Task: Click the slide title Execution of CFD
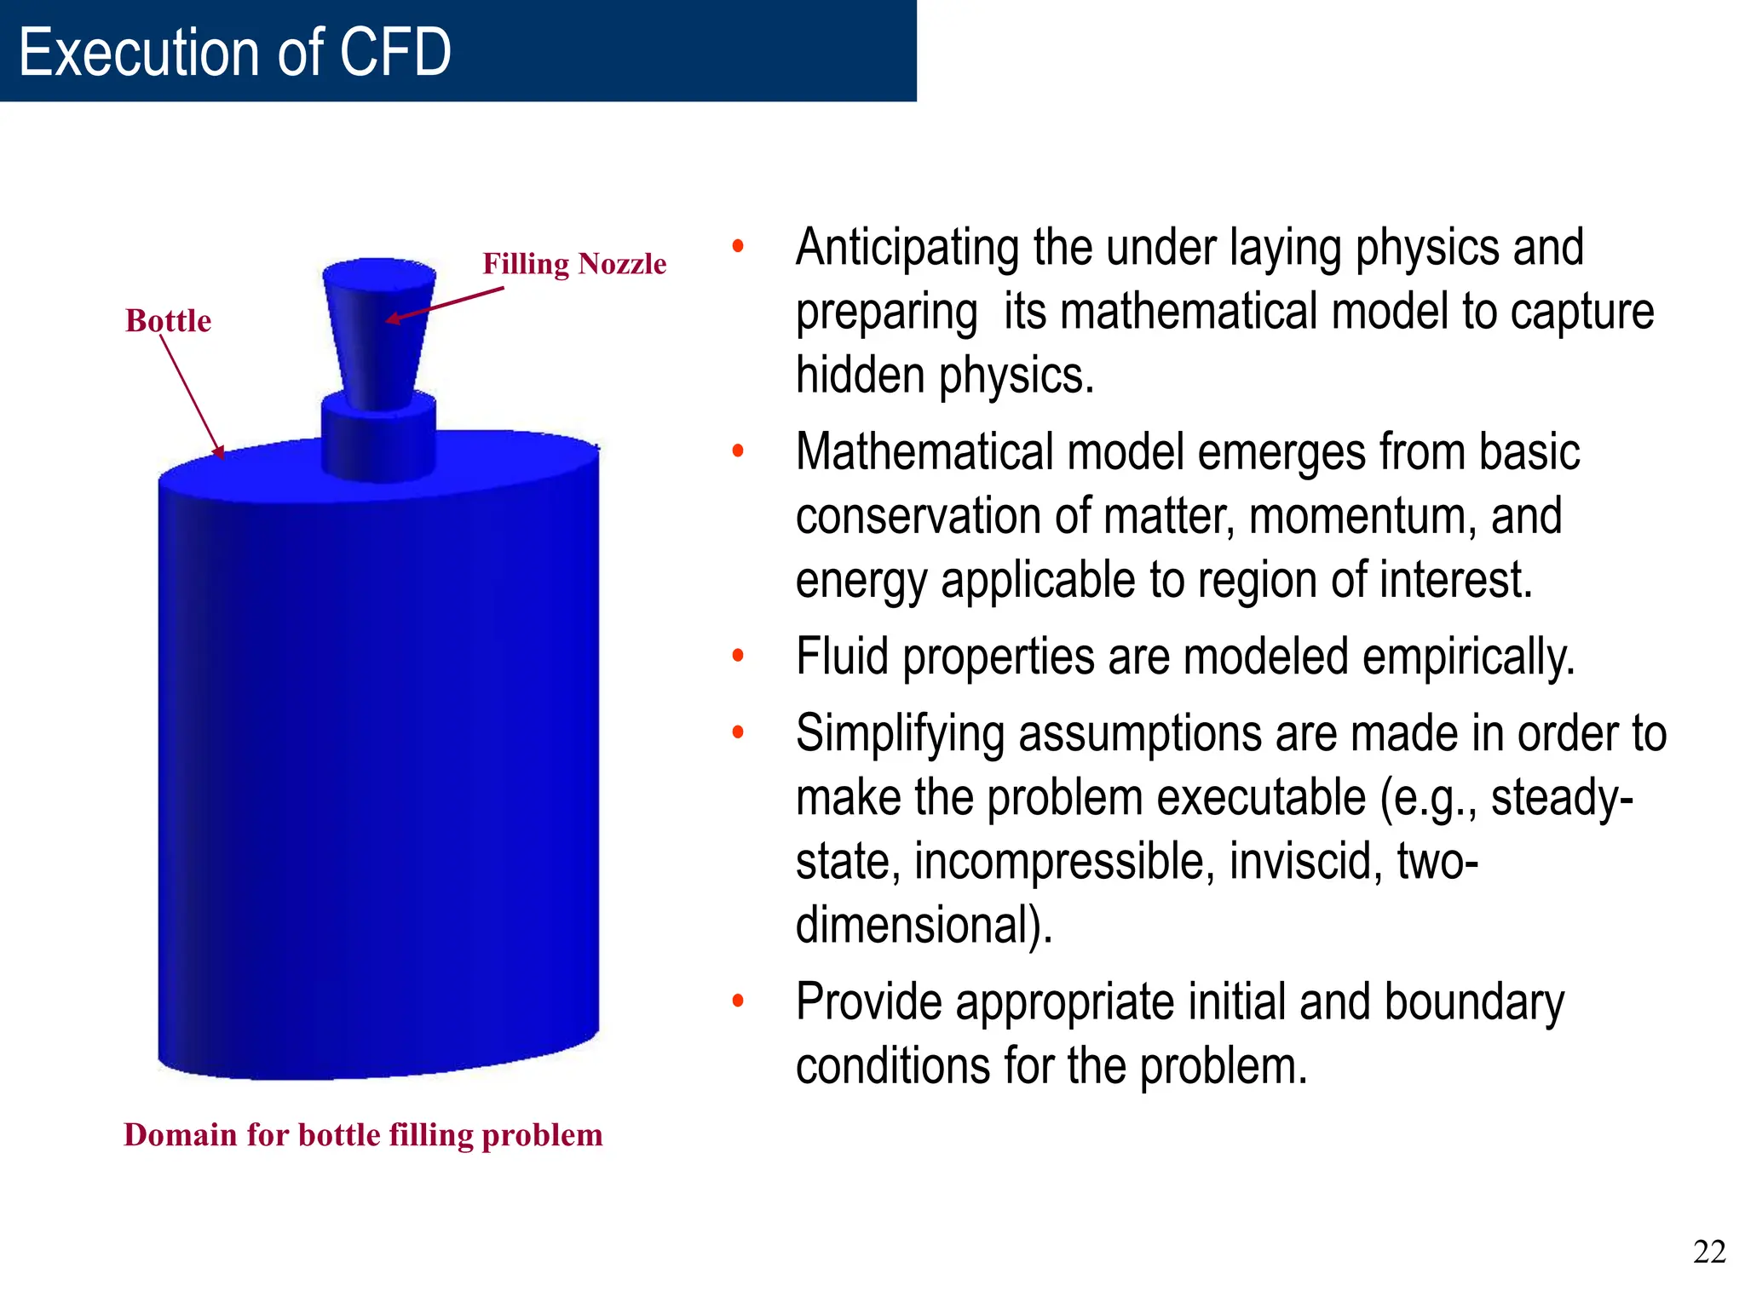coord(234,53)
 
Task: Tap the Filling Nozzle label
coord(574,264)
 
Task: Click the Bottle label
coord(168,321)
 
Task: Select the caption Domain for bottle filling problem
coord(363,1135)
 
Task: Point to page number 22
coord(1708,1252)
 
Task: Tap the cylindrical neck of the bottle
coord(378,439)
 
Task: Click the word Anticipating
coord(907,248)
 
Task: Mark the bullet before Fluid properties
coord(738,656)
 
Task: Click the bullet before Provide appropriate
coord(738,1001)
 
